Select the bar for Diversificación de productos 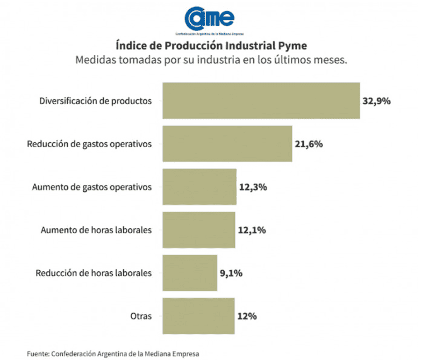(261, 100)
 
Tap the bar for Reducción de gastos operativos (227, 143)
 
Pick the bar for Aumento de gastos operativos (199, 186)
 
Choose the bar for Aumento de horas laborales (198, 229)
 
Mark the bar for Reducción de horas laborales (189, 272)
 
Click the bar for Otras (198, 315)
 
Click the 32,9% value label (376, 101)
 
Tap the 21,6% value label (309, 144)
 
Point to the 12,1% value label (252, 230)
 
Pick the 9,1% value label (231, 273)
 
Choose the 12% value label (247, 316)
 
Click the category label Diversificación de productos (96, 101)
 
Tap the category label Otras (141, 316)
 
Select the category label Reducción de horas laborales (94, 273)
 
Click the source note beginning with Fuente (113, 353)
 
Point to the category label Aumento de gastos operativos (92, 187)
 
